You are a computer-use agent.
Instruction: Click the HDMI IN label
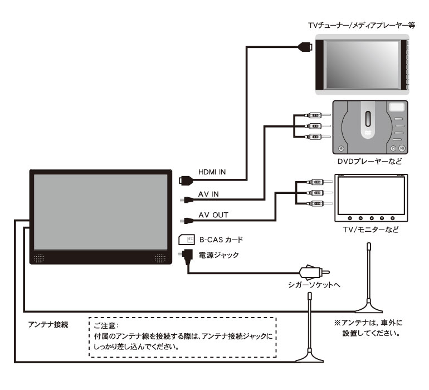coord(212,172)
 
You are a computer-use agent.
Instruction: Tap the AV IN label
coord(208,194)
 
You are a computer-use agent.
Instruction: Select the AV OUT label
coord(213,215)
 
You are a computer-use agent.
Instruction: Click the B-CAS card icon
coord(187,240)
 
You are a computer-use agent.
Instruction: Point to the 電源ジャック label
coord(218,255)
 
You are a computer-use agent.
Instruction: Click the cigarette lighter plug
coord(315,272)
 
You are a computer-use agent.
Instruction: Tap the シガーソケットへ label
coord(314,285)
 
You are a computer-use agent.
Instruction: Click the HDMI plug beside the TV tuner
coord(305,47)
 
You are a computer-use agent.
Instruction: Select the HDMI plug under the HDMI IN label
coord(186,181)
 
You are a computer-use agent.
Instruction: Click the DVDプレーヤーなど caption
coord(369,161)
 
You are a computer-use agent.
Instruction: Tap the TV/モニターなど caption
coord(370,230)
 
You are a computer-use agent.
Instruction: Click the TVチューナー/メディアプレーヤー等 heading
coord(362,26)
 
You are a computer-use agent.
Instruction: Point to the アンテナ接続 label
coord(48,325)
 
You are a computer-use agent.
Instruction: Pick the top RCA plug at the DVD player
coord(318,115)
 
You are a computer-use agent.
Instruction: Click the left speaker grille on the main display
coord(39,258)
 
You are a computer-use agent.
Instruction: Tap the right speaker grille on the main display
coord(160,258)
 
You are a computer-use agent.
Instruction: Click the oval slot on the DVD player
coord(368,119)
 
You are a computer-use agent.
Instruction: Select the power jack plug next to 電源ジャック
coord(186,256)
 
